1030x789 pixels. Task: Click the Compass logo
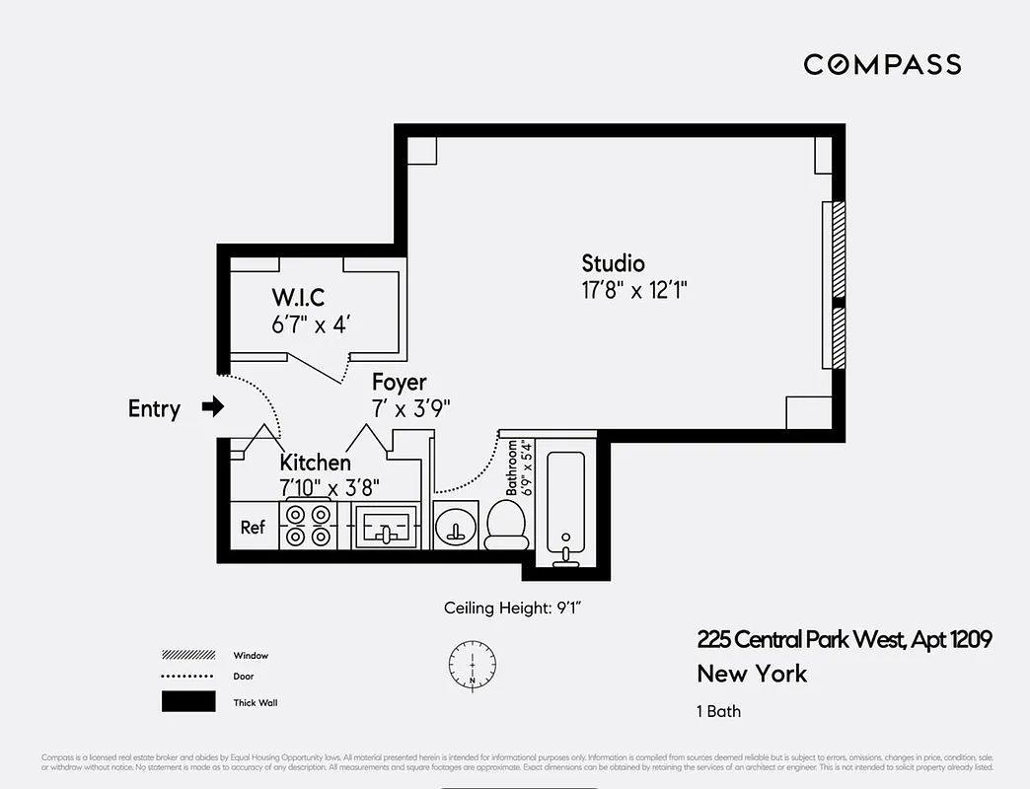pyautogui.click(x=882, y=65)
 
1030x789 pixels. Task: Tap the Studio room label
pyautogui.click(x=613, y=263)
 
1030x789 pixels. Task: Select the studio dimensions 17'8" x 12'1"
pyautogui.click(x=633, y=290)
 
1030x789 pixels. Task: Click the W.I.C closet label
pyautogui.click(x=298, y=297)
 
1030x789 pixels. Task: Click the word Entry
pyautogui.click(x=154, y=408)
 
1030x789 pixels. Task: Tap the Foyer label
pyautogui.click(x=399, y=382)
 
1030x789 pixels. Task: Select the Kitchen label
pyautogui.click(x=315, y=463)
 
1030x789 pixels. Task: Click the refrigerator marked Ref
pyautogui.click(x=254, y=527)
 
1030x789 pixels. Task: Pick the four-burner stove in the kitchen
pyautogui.click(x=308, y=526)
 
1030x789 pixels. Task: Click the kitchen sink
pyautogui.click(x=386, y=526)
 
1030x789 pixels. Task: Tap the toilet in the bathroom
pyautogui.click(x=507, y=524)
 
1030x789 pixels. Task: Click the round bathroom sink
pyautogui.click(x=456, y=526)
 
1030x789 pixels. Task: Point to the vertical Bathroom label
pyautogui.click(x=513, y=467)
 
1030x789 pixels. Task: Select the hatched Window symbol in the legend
pyautogui.click(x=188, y=655)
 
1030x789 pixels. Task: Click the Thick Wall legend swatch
pyautogui.click(x=188, y=700)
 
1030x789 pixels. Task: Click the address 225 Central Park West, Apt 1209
pyautogui.click(x=844, y=640)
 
